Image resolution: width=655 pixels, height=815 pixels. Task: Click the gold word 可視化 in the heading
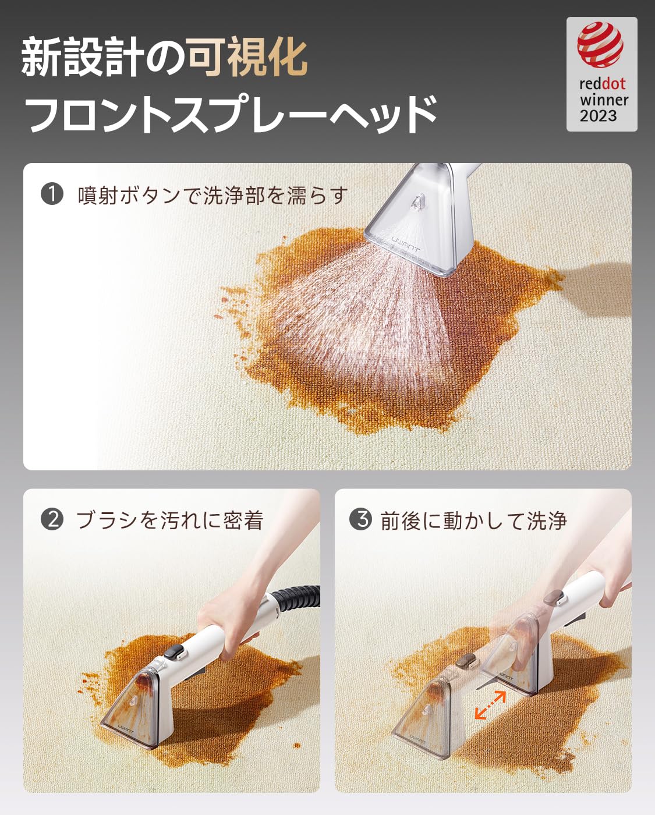(247, 57)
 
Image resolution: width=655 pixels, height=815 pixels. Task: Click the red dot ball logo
(600, 44)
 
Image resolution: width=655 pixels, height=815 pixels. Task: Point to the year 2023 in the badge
(598, 116)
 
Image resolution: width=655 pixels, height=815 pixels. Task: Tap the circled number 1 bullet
(52, 194)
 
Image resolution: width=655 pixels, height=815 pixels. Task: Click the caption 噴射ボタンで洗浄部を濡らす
(213, 195)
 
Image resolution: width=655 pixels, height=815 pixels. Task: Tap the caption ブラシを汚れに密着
(169, 519)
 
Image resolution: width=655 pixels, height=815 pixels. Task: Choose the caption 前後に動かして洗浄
(473, 520)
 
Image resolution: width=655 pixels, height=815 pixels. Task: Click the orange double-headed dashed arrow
(490, 705)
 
